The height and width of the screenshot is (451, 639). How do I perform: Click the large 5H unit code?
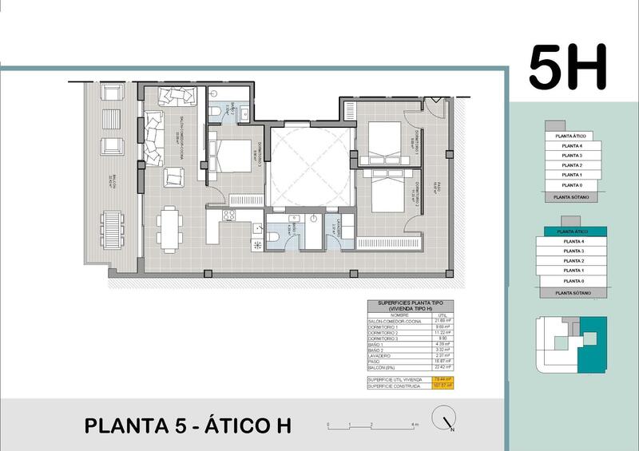[568, 68]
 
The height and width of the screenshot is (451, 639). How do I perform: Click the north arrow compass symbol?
[444, 420]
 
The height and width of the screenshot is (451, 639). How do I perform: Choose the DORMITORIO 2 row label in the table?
[385, 332]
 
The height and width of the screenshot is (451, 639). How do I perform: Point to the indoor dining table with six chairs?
[169, 227]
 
